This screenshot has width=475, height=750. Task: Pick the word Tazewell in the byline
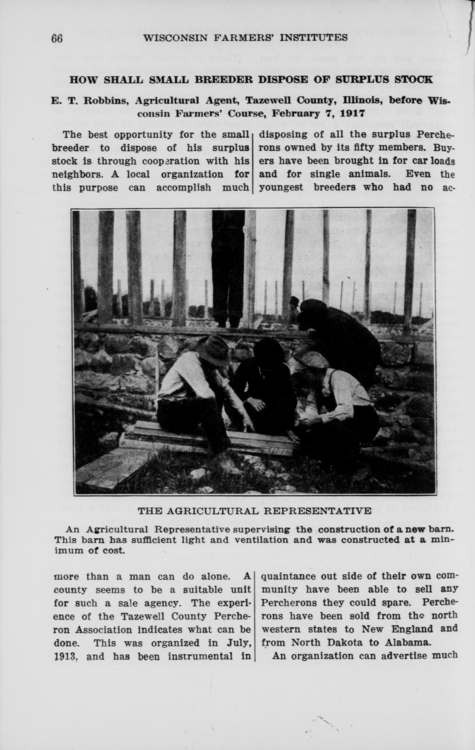click(266, 101)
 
